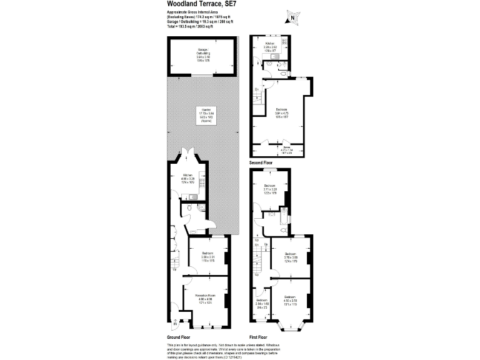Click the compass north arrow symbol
291,17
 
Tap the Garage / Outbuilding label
201,54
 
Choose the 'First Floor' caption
261,336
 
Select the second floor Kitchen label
270,46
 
